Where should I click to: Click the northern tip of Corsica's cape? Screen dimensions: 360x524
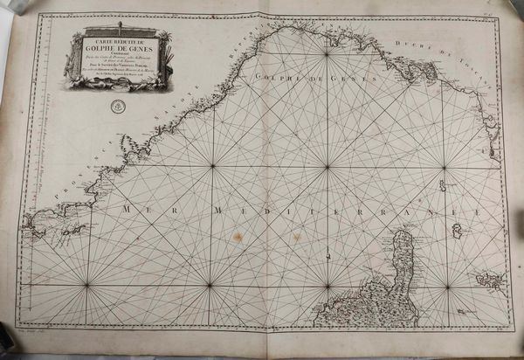tap(404, 230)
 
